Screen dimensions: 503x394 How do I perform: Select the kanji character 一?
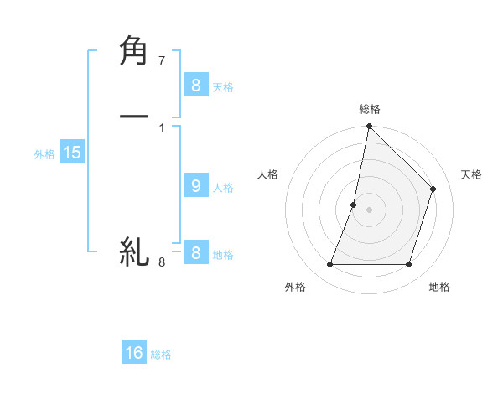134,117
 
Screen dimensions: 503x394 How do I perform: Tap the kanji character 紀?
134,251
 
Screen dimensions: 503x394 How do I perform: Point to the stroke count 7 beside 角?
162,61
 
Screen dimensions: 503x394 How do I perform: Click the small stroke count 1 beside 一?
162,128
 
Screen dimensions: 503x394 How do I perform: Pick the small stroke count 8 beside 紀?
162,262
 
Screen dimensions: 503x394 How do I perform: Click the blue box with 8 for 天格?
195,86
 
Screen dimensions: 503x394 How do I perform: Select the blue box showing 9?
195,186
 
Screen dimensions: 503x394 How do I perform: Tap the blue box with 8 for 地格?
195,253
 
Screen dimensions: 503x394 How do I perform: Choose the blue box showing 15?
72,153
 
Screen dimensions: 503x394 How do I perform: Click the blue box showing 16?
134,353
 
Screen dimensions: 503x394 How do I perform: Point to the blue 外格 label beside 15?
44,154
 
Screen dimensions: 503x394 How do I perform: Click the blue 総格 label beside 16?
161,355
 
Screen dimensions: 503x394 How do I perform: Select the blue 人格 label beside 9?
223,188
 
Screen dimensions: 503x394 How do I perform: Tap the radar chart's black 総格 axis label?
370,109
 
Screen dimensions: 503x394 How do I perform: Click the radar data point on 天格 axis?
433,189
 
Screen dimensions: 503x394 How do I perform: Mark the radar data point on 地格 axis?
409,265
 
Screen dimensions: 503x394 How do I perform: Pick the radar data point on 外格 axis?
330,265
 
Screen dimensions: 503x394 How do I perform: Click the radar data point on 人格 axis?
354,205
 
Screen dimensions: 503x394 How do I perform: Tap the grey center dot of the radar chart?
370,210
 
